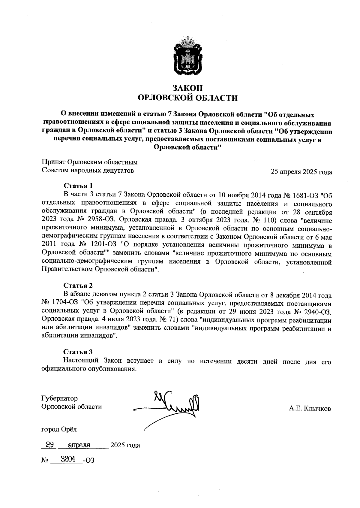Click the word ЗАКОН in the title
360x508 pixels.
click(188, 88)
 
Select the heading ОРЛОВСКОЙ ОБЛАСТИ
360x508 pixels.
click(187, 98)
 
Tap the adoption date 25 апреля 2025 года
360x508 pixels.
click(301, 172)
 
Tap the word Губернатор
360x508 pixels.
click(59, 398)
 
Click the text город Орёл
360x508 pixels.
click(59, 429)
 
